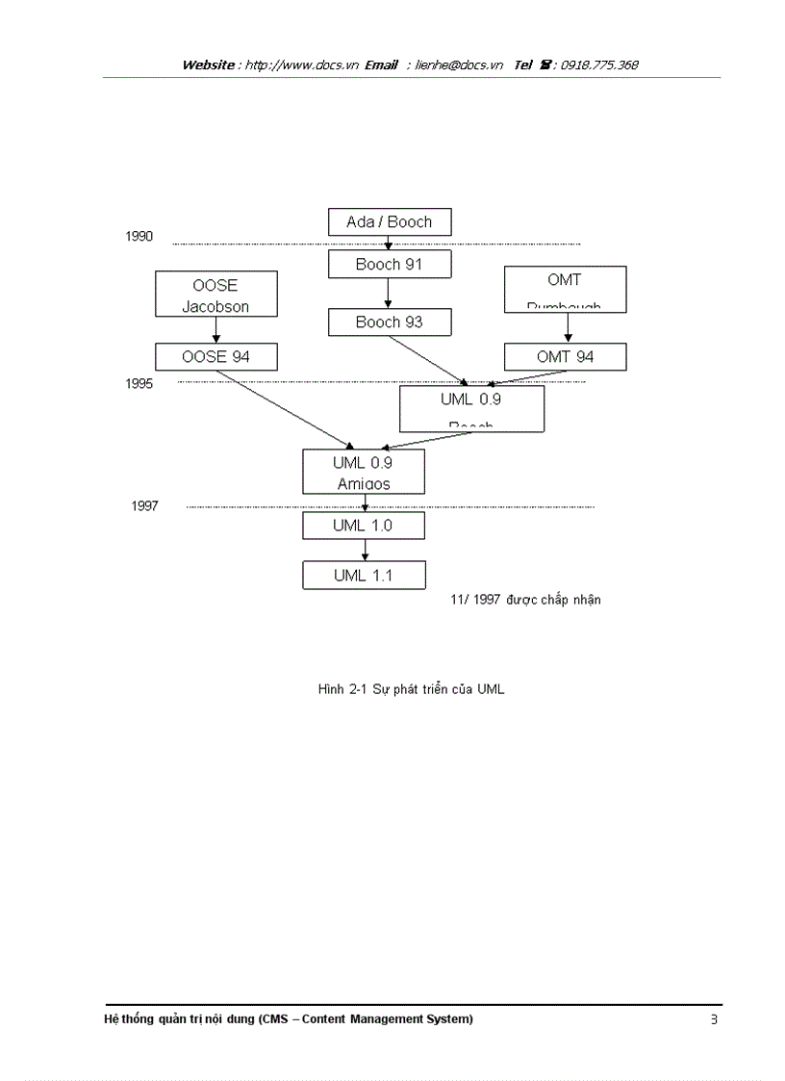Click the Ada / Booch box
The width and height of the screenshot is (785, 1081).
tap(389, 222)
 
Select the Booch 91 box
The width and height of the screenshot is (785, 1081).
tap(389, 264)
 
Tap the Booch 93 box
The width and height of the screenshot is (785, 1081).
tap(389, 322)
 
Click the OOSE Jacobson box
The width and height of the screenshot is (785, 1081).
tap(215, 295)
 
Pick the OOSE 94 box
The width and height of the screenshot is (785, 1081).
tap(215, 357)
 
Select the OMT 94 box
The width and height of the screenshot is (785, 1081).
tap(565, 357)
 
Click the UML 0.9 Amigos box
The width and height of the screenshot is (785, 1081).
tap(363, 472)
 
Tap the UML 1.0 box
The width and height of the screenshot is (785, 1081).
tap(363, 526)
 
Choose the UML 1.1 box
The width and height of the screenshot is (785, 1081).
tap(363, 576)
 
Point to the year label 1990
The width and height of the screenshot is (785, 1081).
tap(139, 237)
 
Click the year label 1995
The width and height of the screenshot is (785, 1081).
tap(139, 383)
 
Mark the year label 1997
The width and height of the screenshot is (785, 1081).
tap(144, 506)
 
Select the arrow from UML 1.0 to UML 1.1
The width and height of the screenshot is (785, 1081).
tap(365, 551)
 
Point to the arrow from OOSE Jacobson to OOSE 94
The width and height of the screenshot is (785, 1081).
tap(215, 330)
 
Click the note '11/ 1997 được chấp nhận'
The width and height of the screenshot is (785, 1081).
tap(525, 600)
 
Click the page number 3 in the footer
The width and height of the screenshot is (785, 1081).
tap(714, 1019)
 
